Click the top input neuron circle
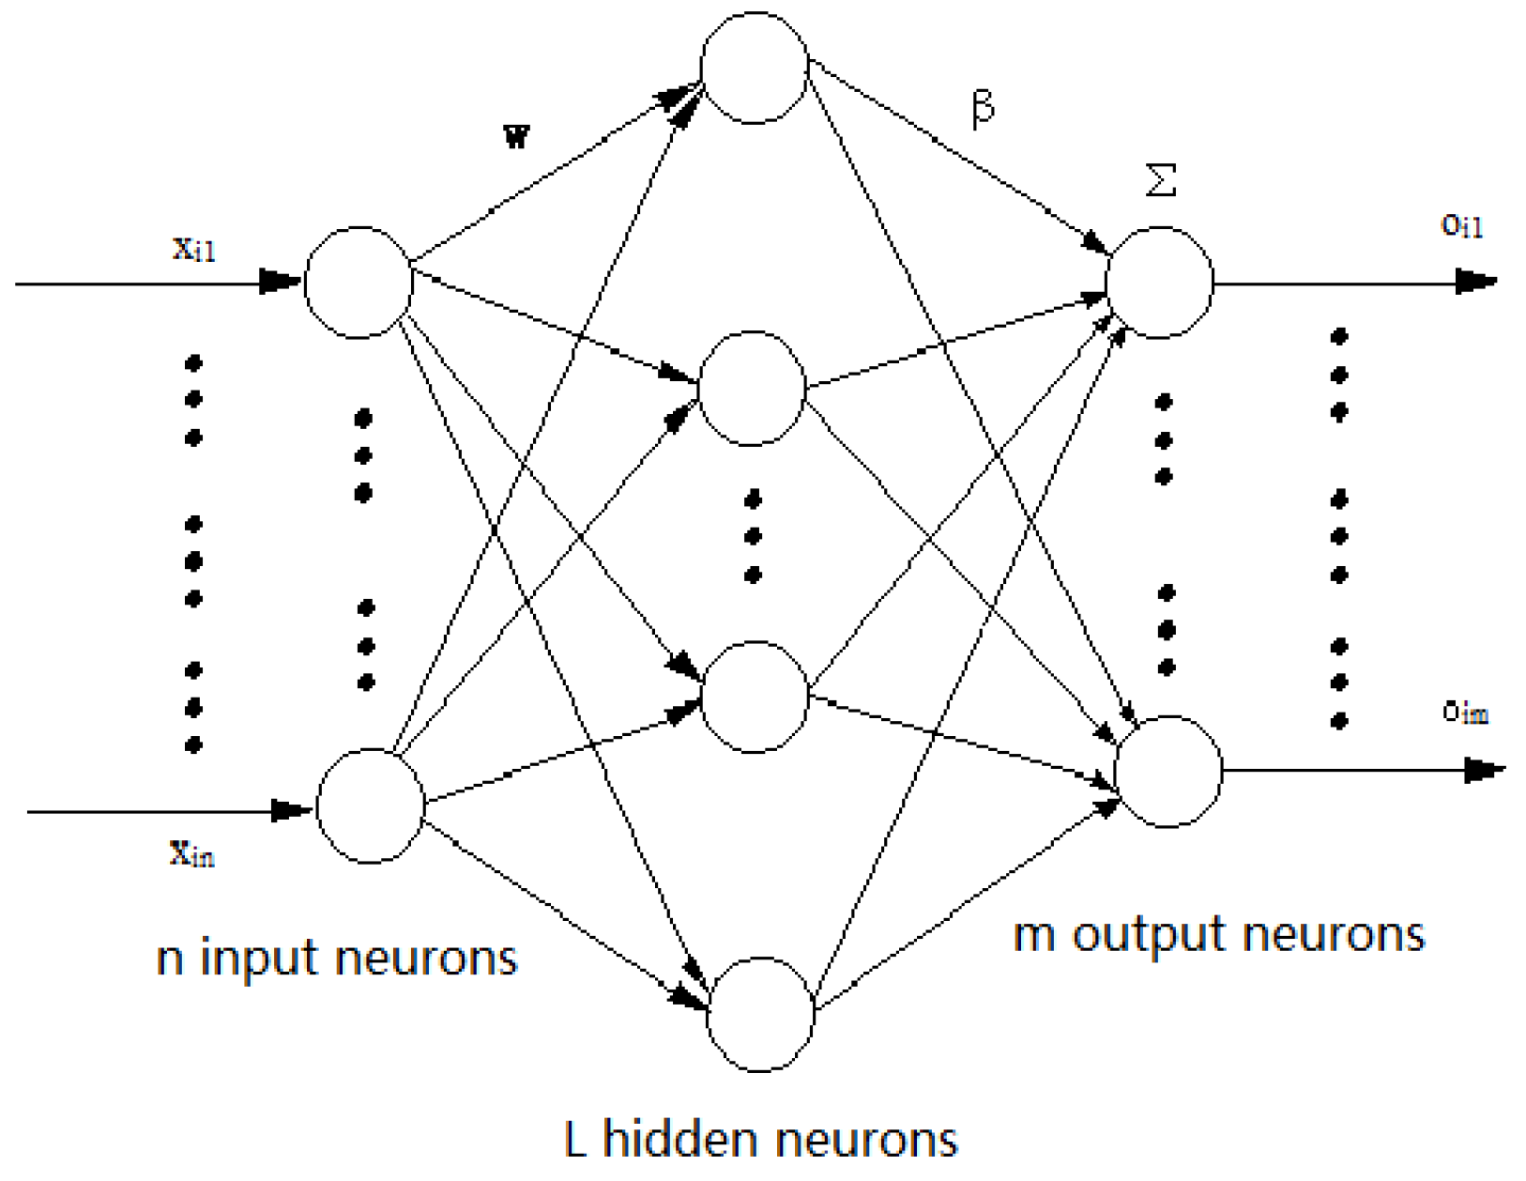[359, 282]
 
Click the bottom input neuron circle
[371, 805]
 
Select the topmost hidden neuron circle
[755, 68]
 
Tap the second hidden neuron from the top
[752, 388]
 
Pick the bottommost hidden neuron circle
[760, 1015]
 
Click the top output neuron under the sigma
[1160, 282]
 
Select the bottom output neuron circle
[1168, 772]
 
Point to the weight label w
[517, 137]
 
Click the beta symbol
[983, 107]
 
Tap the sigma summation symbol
[1161, 178]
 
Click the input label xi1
[194, 249]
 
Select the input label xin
[192, 852]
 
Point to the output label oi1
[1462, 225]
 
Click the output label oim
[1465, 713]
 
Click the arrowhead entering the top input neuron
[280, 281]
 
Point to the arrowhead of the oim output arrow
[1484, 771]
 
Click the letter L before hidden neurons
[575, 1139]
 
